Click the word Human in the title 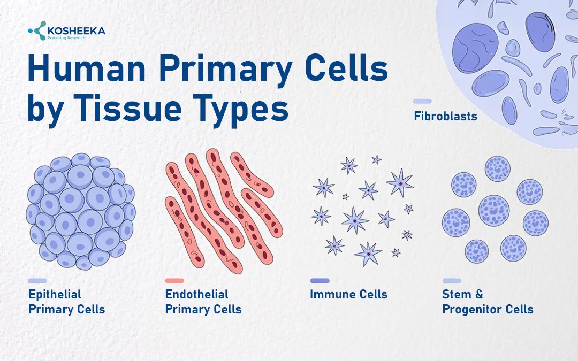pos(86,70)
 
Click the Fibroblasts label pos(445,116)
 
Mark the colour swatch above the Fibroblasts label pos(423,101)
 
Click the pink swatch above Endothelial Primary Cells pos(174,280)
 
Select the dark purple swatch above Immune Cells pos(320,280)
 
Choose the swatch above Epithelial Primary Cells pos(37,280)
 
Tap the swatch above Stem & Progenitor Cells pos(452,280)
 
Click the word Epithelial pos(55,294)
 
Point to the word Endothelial pos(196,294)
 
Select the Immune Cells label pos(348,294)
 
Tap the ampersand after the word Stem pos(478,294)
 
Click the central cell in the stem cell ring pos(494,209)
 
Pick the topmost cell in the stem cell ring pos(498,168)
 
